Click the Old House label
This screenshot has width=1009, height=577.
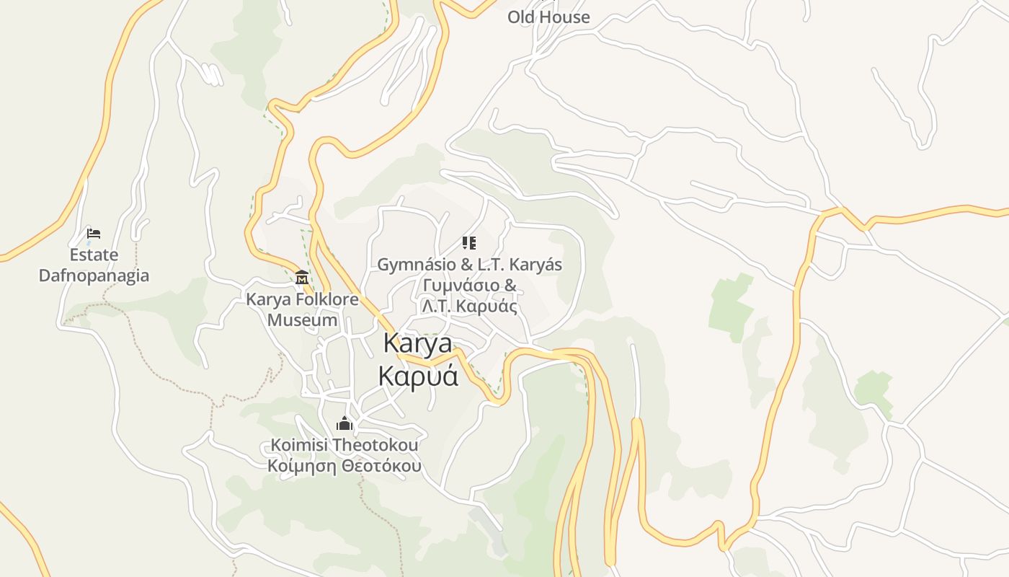click(548, 17)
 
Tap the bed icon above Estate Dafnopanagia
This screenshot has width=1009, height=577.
click(93, 233)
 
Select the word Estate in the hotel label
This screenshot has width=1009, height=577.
click(94, 255)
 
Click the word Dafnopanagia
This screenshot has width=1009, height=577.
click(94, 276)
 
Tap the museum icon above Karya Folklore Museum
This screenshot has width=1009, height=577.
click(302, 277)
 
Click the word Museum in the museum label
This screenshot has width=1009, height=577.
click(303, 320)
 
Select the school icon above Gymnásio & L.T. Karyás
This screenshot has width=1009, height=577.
click(469, 243)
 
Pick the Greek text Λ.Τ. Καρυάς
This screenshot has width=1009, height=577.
click(470, 306)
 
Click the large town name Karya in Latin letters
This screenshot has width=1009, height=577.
click(418, 343)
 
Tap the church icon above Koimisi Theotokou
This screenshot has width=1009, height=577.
click(345, 423)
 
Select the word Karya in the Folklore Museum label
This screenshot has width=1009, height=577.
click(267, 299)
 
